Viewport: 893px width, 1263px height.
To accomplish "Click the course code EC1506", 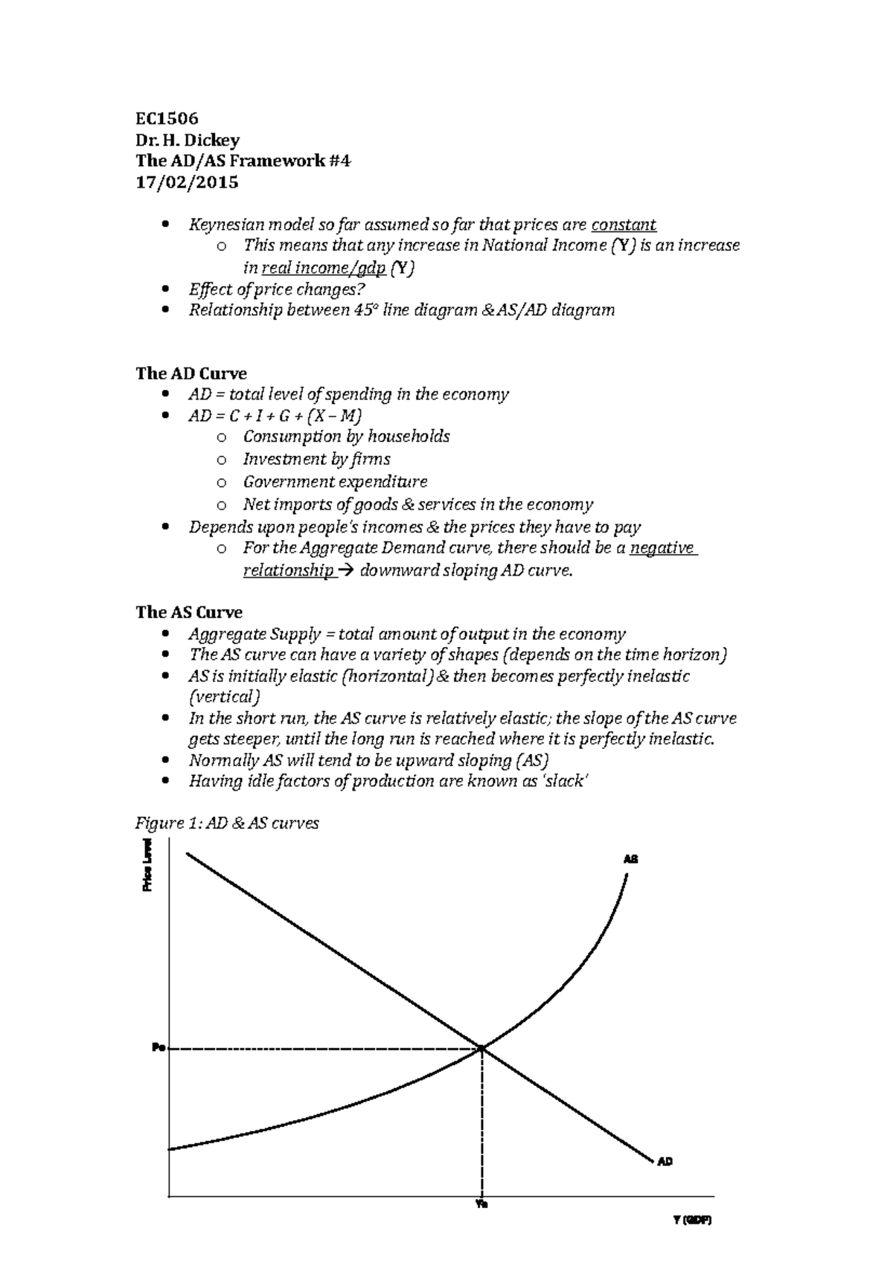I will coord(167,119).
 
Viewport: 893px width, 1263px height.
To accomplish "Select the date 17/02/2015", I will coord(187,182).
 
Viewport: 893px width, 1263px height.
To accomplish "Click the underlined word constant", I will coord(623,225).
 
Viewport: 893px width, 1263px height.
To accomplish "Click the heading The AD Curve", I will coord(191,373).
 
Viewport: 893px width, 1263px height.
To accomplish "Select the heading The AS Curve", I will coord(189,612).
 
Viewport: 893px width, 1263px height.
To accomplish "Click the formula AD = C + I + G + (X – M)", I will coord(275,416).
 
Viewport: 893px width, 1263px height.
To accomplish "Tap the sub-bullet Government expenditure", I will coord(335,482).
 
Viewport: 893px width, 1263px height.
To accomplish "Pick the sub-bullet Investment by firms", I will coord(316,460).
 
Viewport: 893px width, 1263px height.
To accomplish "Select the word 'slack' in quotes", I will coord(563,782).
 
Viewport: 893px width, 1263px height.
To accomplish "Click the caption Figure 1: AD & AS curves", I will coord(227,823).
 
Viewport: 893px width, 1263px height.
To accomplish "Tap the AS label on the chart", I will coord(630,859).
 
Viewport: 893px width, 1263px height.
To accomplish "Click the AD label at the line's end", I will coord(665,1161).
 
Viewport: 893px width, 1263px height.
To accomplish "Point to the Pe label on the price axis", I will coord(157,1048).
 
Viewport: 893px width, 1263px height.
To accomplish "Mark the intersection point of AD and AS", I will coord(482,1049).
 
